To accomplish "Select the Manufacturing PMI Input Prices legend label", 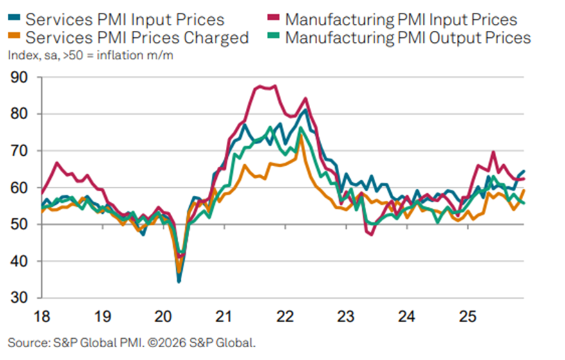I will click(x=401, y=20).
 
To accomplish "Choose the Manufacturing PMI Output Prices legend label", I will click(x=408, y=37).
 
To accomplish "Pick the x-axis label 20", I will click(x=163, y=317).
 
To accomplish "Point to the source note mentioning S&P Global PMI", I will click(x=131, y=341).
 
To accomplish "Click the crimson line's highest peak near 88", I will click(x=275, y=85).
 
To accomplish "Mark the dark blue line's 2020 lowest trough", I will click(x=179, y=281).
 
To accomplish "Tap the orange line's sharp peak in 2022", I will click(x=301, y=135).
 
